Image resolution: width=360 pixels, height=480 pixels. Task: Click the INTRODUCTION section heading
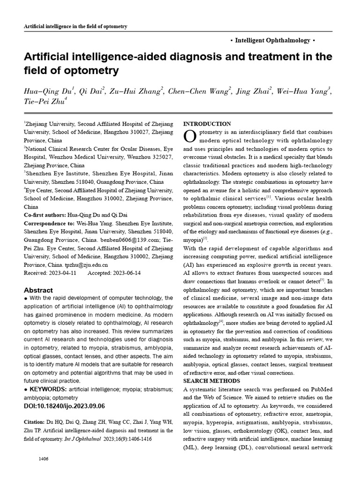pyautogui.click(x=207, y=124)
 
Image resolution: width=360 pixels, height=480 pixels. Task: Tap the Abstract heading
pyautogui.click(x=38, y=290)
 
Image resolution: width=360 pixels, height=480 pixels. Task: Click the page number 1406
pyautogui.click(x=44, y=458)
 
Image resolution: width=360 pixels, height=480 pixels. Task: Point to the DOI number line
pyautogui.click(x=64, y=406)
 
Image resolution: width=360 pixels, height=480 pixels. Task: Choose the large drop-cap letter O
pyautogui.click(x=189, y=136)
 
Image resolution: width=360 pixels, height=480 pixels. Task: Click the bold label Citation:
pyautogui.click(x=35, y=422)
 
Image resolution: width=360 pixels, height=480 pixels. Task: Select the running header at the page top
pyautogui.click(x=75, y=26)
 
